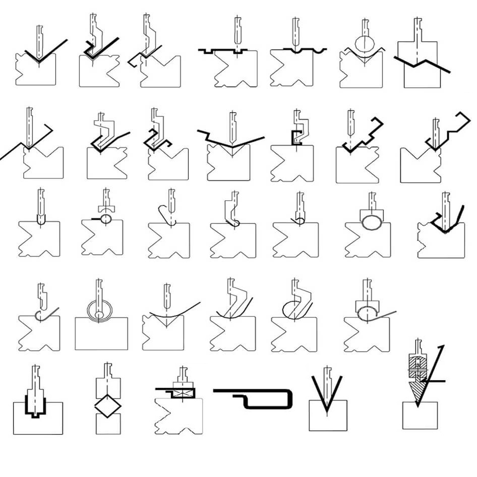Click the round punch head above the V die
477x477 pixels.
363,42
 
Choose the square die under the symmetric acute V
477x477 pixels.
328,416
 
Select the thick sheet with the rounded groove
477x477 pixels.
299,50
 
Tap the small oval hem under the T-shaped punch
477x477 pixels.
106,219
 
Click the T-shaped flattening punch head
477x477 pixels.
106,207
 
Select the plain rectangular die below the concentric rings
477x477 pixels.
101,335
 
